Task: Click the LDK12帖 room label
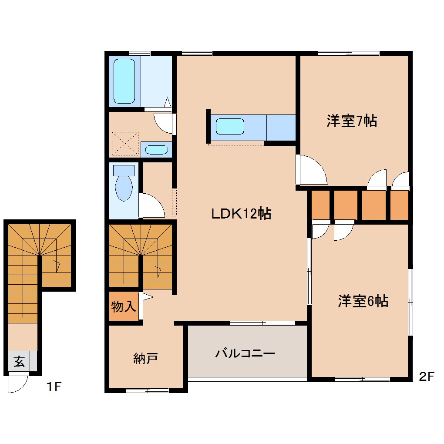241,213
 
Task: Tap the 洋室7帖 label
352,121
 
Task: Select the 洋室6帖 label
363,301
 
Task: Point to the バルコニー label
245,353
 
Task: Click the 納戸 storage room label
145,358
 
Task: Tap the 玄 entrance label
19,361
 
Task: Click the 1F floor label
54,386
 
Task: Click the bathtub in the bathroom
124,81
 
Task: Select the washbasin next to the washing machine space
156,150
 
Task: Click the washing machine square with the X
125,144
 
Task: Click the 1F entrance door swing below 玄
17,384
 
